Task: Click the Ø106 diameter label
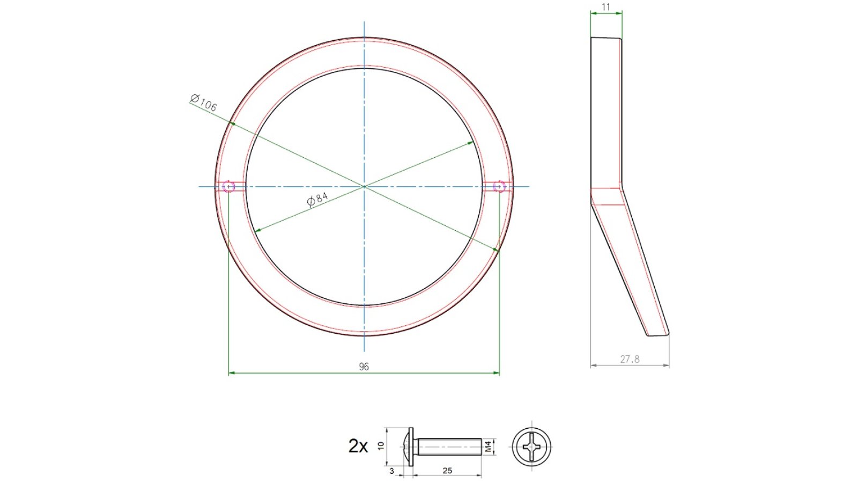click(204, 102)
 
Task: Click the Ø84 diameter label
click(317, 199)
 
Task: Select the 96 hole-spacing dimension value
click(364, 367)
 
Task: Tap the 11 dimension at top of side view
click(606, 7)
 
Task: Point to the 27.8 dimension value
click(630, 359)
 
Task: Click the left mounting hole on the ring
click(229, 187)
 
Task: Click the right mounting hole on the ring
click(499, 187)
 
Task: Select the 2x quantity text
click(358, 446)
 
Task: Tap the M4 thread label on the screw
click(488, 447)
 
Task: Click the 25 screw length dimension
click(447, 471)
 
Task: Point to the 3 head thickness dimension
click(391, 471)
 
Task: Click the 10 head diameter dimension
click(381, 446)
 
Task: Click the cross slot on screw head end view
click(531, 447)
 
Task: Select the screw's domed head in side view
click(409, 447)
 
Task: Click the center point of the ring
click(364, 187)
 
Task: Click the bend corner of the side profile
click(622, 187)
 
